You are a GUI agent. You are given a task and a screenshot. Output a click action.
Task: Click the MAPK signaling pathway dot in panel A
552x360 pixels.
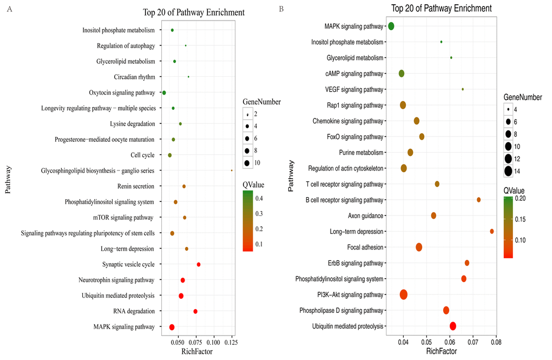click(172, 327)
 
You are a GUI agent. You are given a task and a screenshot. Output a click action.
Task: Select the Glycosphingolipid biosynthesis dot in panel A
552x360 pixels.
click(232, 171)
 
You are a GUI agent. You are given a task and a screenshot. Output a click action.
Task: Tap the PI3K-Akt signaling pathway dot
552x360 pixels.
click(403, 294)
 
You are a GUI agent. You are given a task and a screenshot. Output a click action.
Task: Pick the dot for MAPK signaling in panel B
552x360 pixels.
click(391, 26)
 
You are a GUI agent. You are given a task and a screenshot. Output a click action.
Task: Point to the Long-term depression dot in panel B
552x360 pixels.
click(492, 231)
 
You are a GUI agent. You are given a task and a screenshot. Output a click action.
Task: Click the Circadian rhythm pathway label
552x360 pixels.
click(135, 77)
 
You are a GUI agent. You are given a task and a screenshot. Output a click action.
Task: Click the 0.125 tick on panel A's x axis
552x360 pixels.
click(231, 342)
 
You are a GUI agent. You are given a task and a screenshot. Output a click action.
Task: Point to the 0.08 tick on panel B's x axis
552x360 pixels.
click(496, 342)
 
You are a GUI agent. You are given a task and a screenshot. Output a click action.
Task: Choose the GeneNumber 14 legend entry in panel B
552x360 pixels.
click(509, 172)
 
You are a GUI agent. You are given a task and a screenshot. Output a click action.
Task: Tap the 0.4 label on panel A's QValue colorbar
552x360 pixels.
click(259, 199)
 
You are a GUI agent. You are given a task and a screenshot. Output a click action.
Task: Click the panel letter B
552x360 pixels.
click(280, 9)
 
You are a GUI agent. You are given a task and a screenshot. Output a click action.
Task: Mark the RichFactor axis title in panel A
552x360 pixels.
click(197, 351)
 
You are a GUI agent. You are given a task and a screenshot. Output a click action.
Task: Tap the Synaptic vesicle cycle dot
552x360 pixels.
click(199, 265)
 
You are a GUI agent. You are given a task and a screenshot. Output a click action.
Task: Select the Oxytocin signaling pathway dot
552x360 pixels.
click(164, 93)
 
